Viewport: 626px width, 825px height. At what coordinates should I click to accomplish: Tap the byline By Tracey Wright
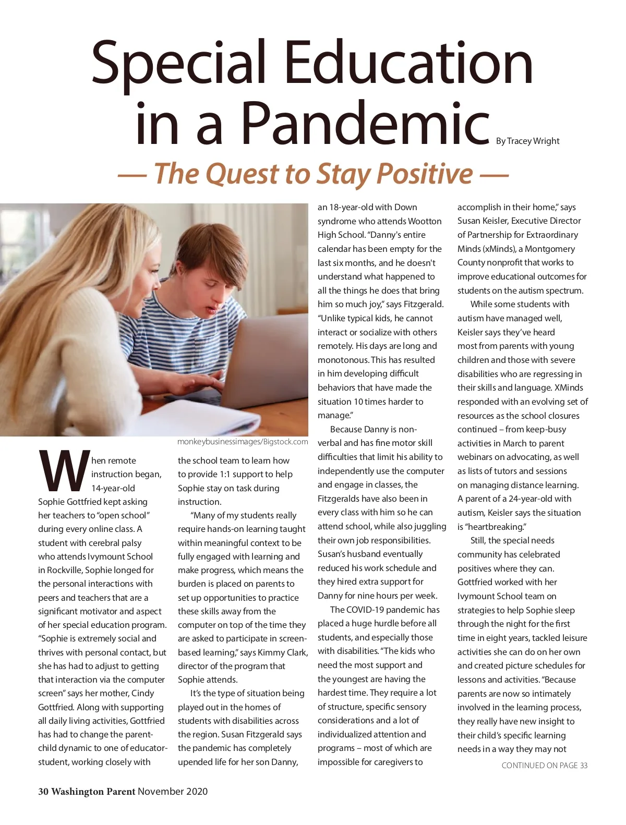[x=527, y=141]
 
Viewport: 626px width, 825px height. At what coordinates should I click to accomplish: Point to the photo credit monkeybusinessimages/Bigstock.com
[x=243, y=442]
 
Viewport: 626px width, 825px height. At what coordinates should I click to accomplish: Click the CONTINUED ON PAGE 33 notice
[x=544, y=765]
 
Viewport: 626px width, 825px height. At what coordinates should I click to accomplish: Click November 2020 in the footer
[x=173, y=791]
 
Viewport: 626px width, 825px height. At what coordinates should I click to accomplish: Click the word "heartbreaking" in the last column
[x=496, y=527]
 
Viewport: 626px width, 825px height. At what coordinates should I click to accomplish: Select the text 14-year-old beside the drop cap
[x=113, y=488]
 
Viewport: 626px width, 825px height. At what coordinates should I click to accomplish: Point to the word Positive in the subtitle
[x=425, y=174]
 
